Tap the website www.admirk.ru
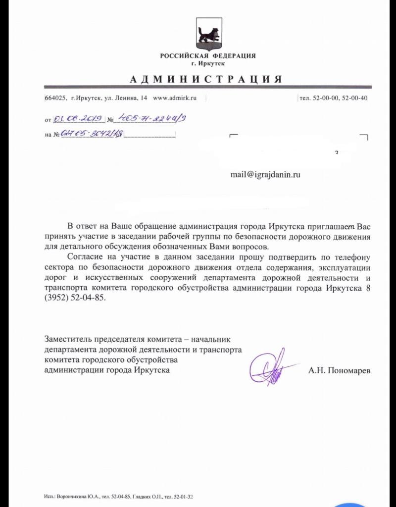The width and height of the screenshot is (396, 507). point(175,98)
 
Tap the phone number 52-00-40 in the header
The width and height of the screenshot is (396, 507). point(354,98)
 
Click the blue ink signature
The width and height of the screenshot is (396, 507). point(270,366)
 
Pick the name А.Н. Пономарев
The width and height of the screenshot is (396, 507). point(339,370)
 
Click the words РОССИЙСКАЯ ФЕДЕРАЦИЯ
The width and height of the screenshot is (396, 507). point(207,55)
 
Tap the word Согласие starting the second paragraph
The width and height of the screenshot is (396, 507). point(84,257)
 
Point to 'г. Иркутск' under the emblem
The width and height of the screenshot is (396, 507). point(207,64)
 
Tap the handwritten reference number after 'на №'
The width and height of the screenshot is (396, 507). point(92,134)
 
